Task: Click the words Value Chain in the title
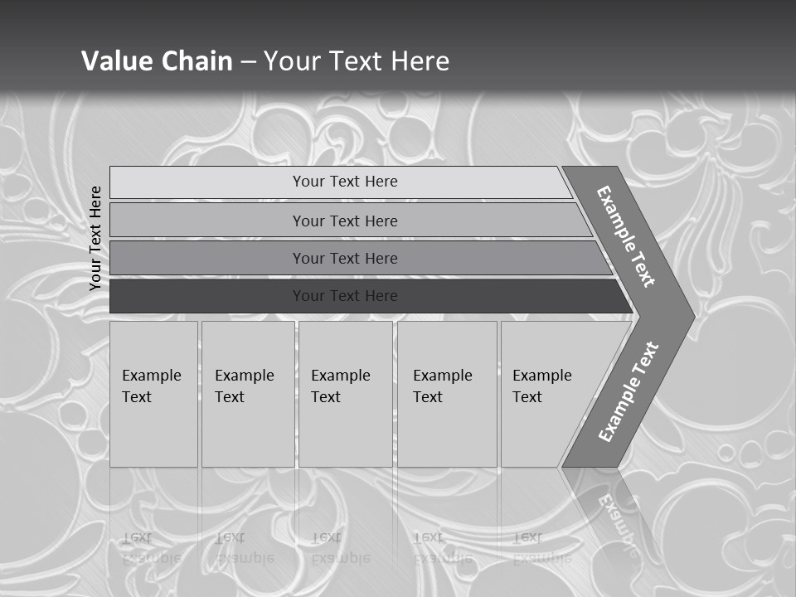click(157, 61)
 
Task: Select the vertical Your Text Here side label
click(95, 238)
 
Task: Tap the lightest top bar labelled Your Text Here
click(344, 182)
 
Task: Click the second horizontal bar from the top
click(344, 221)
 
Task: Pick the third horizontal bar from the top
click(344, 258)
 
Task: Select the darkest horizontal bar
click(344, 296)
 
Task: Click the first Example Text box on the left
click(153, 394)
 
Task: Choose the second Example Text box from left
click(247, 394)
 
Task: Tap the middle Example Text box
click(345, 394)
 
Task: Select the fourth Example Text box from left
click(446, 394)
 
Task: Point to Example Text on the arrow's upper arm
click(626, 236)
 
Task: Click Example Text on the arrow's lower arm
click(629, 391)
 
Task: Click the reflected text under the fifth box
click(539, 548)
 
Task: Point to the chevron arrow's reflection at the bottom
click(614, 514)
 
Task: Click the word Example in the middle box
click(340, 376)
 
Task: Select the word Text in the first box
click(137, 397)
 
